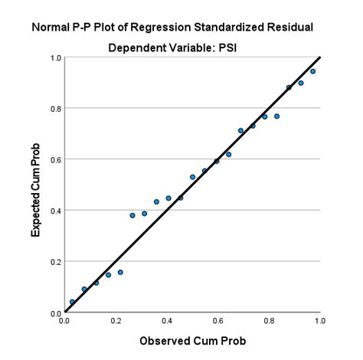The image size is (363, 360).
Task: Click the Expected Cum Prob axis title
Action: [x=35, y=185]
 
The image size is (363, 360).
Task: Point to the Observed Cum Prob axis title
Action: [x=191, y=339]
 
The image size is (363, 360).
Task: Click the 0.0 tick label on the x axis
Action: [x=65, y=321]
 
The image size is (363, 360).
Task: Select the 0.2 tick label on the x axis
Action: [x=116, y=321]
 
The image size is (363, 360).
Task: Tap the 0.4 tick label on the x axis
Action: [x=167, y=321]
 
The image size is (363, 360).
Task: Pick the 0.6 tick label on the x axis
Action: [x=217, y=321]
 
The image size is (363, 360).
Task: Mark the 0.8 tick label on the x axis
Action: [x=269, y=321]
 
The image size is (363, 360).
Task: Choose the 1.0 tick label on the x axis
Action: [x=319, y=321]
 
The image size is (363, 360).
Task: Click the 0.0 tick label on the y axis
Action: [x=55, y=313]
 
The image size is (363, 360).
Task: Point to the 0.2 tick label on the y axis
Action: [x=55, y=261]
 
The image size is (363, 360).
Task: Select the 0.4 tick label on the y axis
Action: [x=55, y=211]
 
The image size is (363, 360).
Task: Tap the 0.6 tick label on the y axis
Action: [x=55, y=159]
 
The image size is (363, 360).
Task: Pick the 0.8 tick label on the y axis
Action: [x=55, y=109]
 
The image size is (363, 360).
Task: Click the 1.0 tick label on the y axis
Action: [x=55, y=57]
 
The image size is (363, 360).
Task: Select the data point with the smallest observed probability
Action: [x=72, y=302]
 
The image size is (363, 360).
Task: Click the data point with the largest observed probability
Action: [x=312, y=71]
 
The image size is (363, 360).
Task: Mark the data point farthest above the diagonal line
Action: [x=132, y=215]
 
